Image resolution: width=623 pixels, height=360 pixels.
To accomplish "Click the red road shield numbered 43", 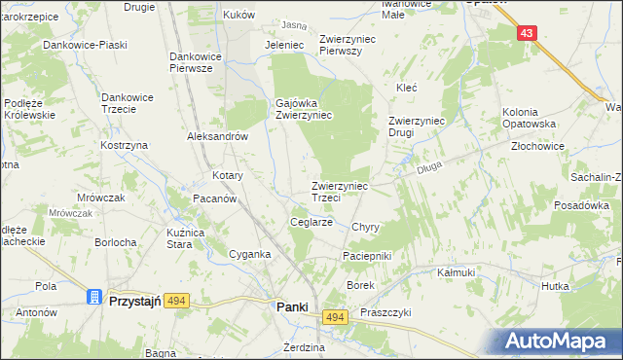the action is pos(527,33).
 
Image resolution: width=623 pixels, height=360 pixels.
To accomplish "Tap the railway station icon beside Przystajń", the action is pos(95,297).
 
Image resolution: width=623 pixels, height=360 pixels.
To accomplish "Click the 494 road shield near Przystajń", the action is pos(176,303).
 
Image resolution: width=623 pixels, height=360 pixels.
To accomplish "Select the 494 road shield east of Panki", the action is pos(335,318).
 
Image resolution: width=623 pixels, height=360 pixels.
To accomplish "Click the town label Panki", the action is pos(292,306).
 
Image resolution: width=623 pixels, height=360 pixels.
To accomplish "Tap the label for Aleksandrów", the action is pos(219,137).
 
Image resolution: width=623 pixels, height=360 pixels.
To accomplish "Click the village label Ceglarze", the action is pos(312,222).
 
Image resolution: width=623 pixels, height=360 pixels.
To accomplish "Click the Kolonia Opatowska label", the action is pos(529,118).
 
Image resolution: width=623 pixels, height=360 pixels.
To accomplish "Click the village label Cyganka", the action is pos(248,253).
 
